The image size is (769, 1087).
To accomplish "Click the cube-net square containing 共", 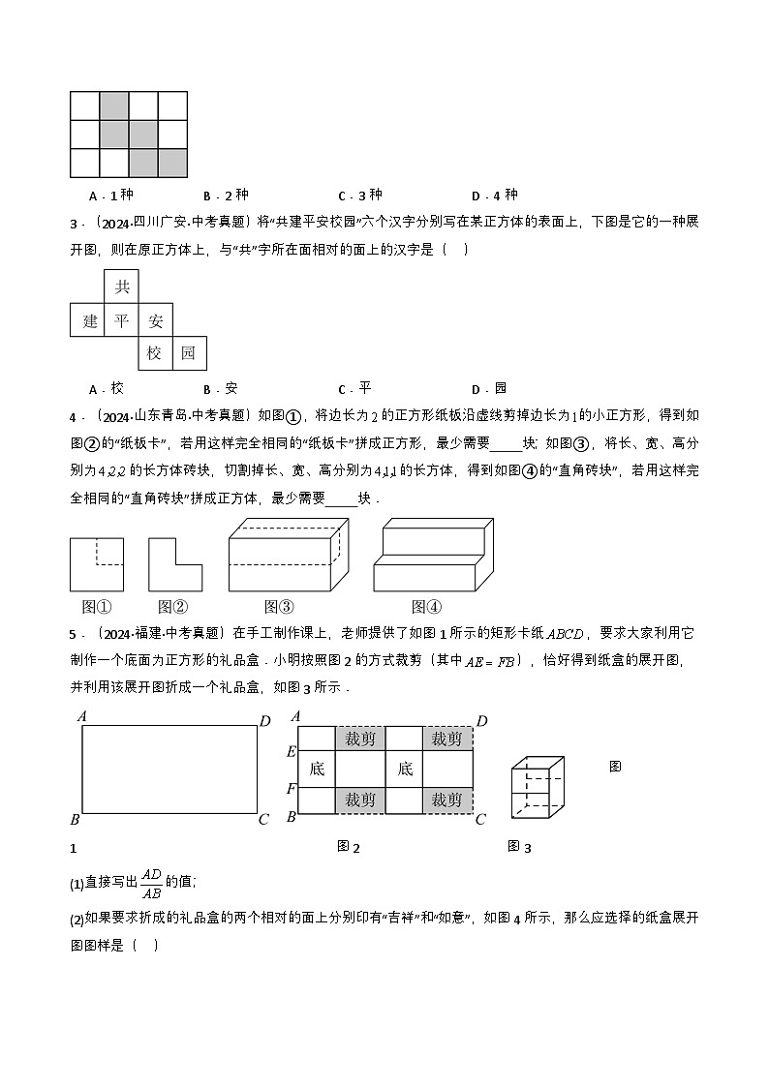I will pos(121,287).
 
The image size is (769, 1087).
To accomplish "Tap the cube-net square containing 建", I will pos(87,320).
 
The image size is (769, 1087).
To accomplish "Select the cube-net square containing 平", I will pos(121,320).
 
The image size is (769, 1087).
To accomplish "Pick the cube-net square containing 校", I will pos(155,353).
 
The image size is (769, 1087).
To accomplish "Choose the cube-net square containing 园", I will pos(189,353).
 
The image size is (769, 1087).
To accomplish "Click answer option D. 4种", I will pos(495,195).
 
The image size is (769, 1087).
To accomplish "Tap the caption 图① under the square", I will pos(97,607).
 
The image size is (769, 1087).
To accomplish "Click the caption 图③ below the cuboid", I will pos(278,607).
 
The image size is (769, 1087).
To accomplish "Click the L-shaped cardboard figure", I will pos(174,564).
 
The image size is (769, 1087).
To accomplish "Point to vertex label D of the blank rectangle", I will pos(265,719).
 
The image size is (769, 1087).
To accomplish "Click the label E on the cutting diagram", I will pos(291,752).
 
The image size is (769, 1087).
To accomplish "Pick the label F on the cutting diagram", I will pos(291,788).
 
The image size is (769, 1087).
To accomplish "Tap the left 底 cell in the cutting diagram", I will pos(317,770).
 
